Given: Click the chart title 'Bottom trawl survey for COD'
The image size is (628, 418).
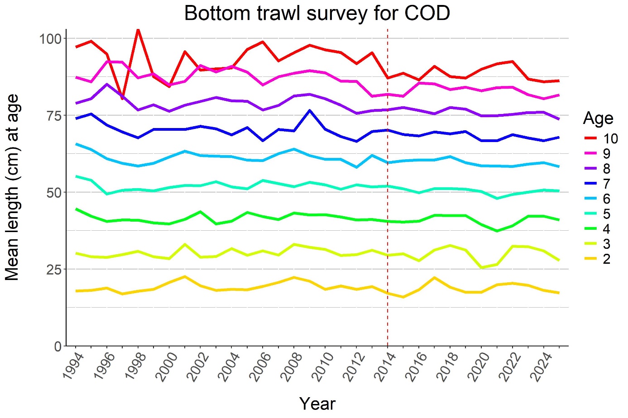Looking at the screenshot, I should (317, 14).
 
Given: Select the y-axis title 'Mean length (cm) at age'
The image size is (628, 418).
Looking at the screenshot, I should (13, 187).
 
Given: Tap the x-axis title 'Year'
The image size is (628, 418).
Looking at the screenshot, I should (317, 404).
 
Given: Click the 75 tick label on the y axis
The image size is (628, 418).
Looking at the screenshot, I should (53, 115).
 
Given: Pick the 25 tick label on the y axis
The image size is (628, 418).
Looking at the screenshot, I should (53, 269).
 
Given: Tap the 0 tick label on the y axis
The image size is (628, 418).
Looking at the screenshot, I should (58, 347).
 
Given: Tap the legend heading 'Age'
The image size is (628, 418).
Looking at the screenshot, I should (598, 119).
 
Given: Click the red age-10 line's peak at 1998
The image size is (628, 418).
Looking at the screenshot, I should (138, 30).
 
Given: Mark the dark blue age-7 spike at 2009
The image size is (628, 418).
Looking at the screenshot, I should (309, 110).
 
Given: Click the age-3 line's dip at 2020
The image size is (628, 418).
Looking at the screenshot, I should (481, 267).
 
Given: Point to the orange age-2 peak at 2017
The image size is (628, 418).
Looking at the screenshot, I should (434, 278).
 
